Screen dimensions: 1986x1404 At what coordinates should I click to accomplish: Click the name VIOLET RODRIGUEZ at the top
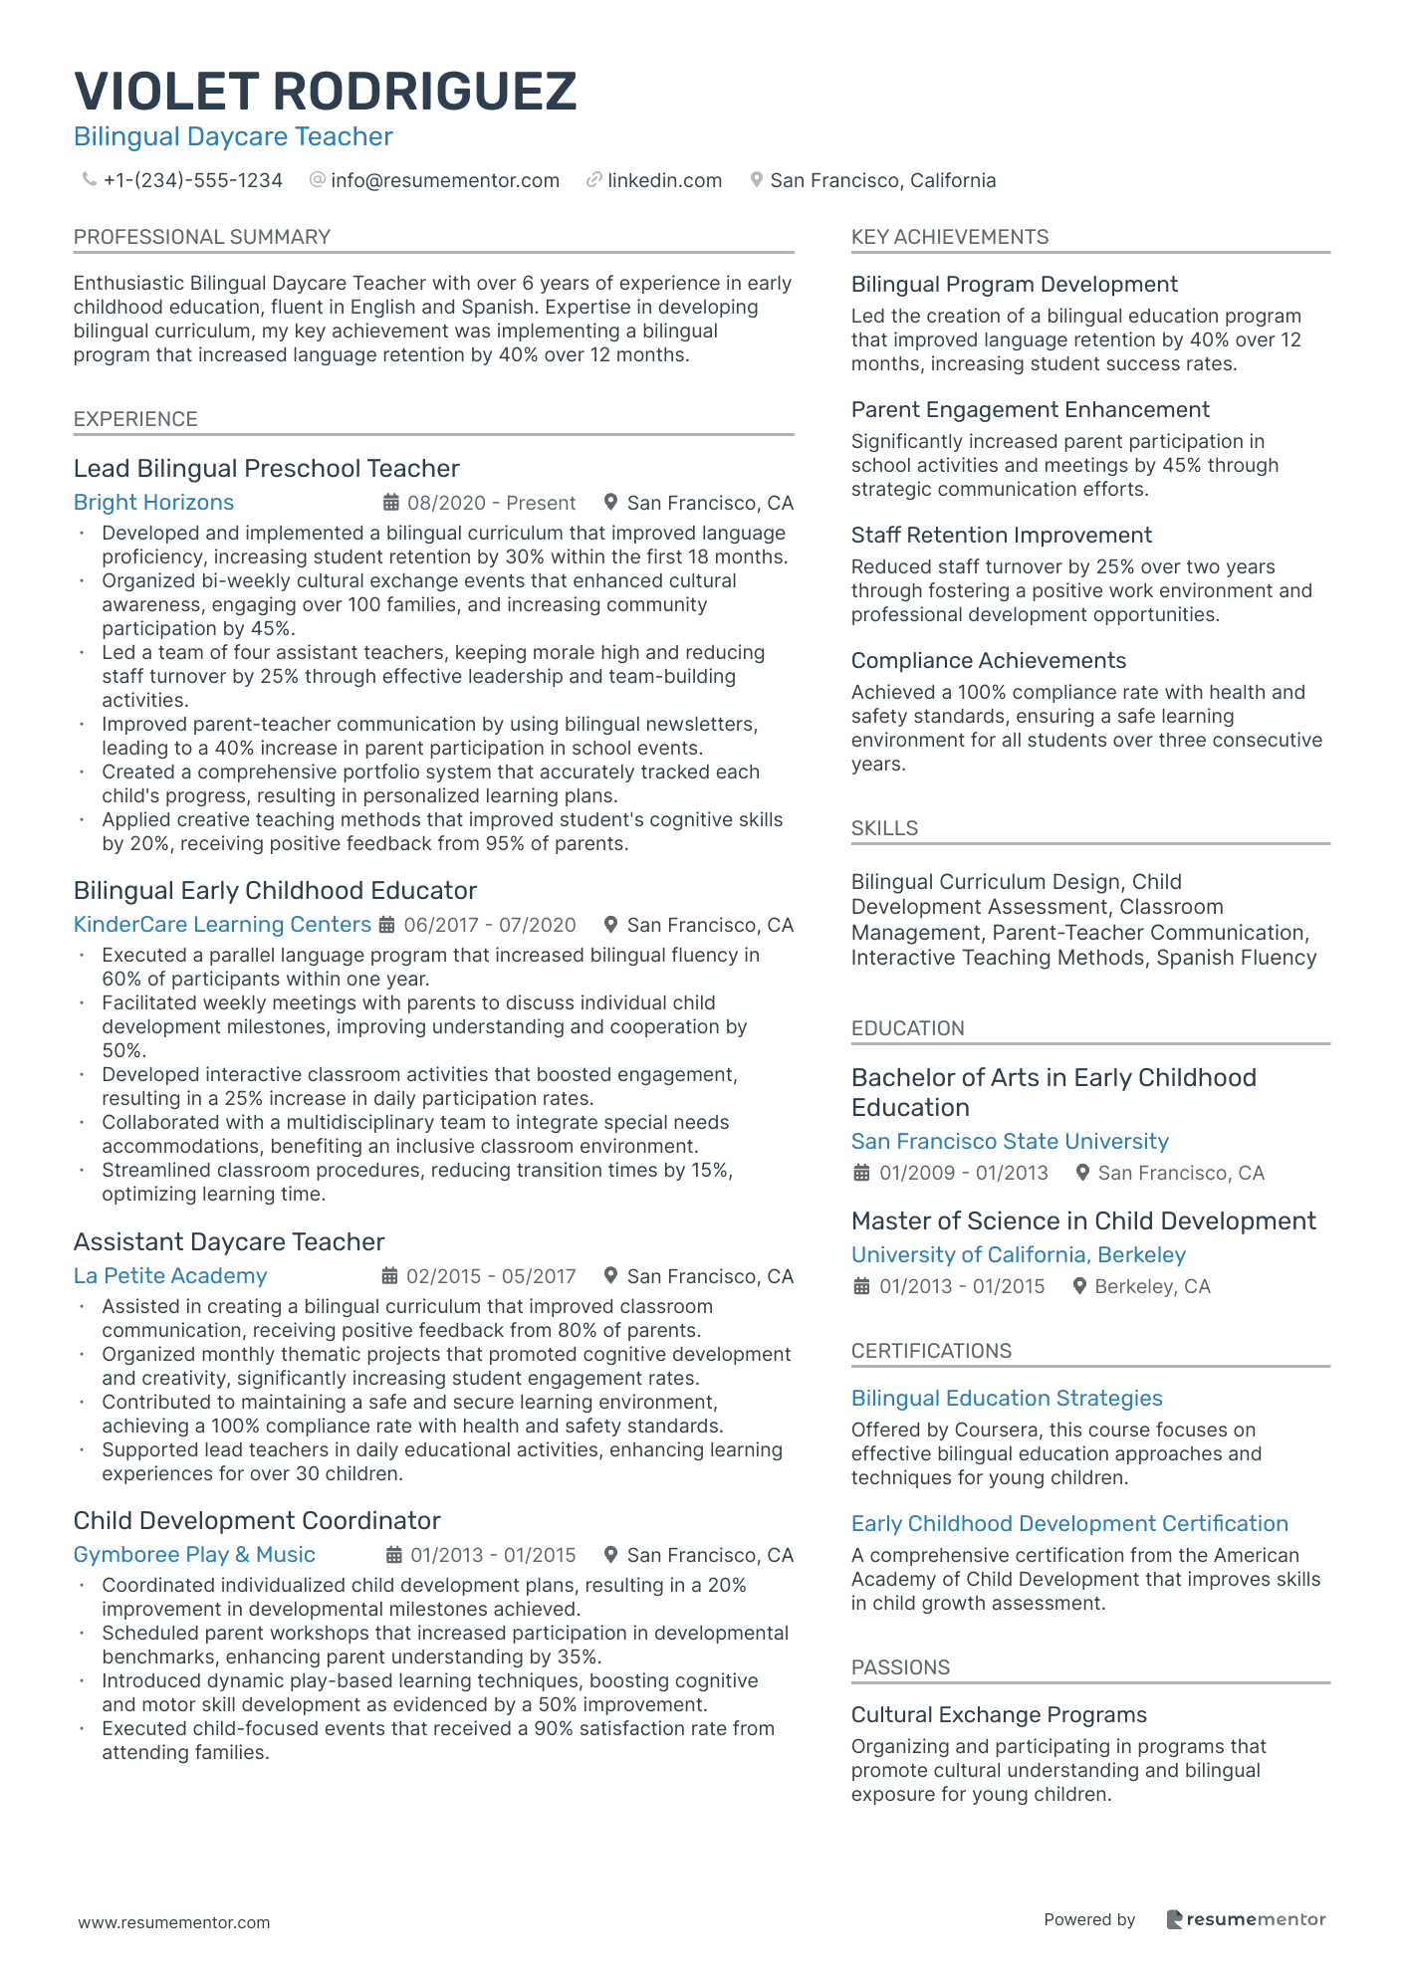coord(325,92)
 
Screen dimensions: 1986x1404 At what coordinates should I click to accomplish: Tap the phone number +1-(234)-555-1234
coord(193,180)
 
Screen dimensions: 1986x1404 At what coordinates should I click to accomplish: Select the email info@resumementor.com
coord(444,180)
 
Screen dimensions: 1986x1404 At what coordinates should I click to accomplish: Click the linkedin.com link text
coord(664,180)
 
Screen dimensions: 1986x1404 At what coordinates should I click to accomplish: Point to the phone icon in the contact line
coord(89,180)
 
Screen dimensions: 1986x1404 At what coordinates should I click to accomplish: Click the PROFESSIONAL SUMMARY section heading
coord(201,237)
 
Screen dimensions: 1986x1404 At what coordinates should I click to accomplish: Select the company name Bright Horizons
coord(153,503)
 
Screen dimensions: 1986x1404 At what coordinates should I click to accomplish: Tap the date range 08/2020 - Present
coord(491,503)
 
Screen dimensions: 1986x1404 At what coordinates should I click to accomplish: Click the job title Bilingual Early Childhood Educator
coord(275,890)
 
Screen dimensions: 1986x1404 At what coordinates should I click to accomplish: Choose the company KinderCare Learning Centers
coord(222,925)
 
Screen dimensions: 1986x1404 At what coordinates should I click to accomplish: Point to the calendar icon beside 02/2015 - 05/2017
coord(390,1276)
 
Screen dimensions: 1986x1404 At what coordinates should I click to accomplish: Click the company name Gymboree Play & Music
coord(194,1555)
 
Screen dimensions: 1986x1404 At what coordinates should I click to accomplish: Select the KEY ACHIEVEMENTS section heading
coord(949,237)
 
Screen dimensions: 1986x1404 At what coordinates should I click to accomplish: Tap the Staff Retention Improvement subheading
coord(1001,536)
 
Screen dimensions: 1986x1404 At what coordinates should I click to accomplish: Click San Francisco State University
coord(1010,1142)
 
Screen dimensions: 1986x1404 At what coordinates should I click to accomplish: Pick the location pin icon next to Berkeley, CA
coord(1079,1286)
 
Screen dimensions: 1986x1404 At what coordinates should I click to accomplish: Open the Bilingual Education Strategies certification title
coord(1007,1399)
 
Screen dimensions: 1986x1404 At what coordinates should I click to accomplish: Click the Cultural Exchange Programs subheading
coord(999,1715)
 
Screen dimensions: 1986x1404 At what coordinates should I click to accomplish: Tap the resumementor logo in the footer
coord(1246,1919)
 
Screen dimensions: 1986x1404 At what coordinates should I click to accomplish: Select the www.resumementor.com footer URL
coord(174,1922)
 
